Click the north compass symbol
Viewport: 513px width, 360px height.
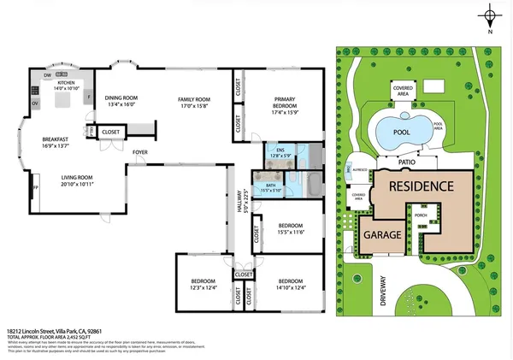(489, 16)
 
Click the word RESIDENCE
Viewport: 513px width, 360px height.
(421, 186)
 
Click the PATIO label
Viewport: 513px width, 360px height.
(409, 159)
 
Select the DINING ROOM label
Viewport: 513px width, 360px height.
(121, 98)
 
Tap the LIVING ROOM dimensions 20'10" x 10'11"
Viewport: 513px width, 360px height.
(71, 184)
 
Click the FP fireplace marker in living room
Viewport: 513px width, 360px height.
(35, 186)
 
